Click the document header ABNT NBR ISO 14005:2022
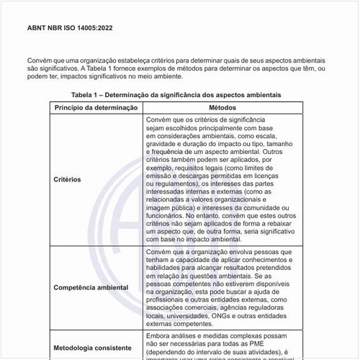coord(69,28)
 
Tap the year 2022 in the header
coord(102,28)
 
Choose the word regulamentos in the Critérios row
coord(171,184)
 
